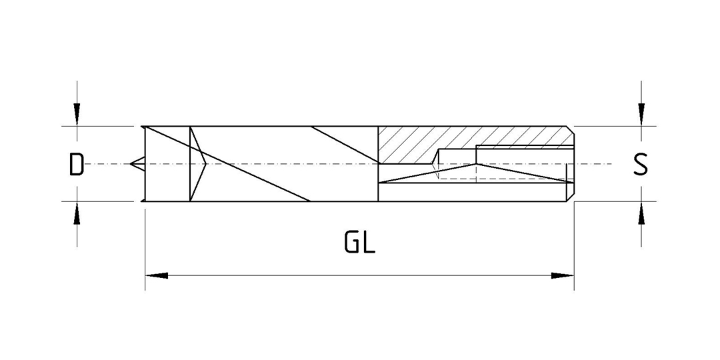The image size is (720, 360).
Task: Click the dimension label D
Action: [x=76, y=165]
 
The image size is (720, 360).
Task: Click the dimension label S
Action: [x=641, y=165]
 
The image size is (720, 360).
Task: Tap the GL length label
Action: [x=359, y=243]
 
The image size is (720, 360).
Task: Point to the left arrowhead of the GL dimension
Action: [x=157, y=275]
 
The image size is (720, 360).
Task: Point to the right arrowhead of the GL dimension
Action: [x=563, y=275]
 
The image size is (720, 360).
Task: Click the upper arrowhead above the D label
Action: [x=77, y=115]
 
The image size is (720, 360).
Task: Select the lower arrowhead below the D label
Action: [x=77, y=213]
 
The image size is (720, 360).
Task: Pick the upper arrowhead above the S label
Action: [x=641, y=115]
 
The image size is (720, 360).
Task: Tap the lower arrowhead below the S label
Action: [x=641, y=213]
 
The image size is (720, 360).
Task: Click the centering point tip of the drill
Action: [x=131, y=163]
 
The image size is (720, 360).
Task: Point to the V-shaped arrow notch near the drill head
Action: [x=197, y=163]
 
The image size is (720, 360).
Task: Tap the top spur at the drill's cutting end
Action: [x=143, y=127]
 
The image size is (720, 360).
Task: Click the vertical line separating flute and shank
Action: [x=378, y=163]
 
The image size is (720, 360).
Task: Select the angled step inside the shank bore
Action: [x=435, y=156]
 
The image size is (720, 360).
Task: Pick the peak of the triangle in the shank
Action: [x=476, y=164]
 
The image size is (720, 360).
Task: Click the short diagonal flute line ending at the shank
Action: [x=345, y=145]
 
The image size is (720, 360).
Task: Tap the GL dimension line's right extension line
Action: [x=574, y=246]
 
